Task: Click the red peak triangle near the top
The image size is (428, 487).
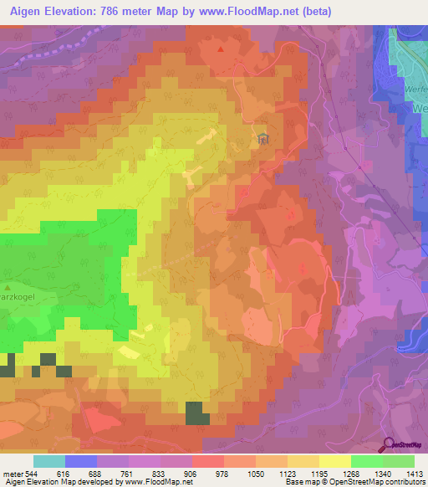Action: tap(221, 49)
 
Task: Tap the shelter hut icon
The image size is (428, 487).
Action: tap(263, 137)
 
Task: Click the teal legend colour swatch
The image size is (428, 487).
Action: tap(49, 461)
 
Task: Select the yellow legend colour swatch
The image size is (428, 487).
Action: tap(334, 461)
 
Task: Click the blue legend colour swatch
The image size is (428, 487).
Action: tap(81, 461)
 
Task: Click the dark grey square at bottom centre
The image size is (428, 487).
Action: tap(197, 413)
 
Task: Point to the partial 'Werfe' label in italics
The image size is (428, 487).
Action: tap(415, 89)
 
